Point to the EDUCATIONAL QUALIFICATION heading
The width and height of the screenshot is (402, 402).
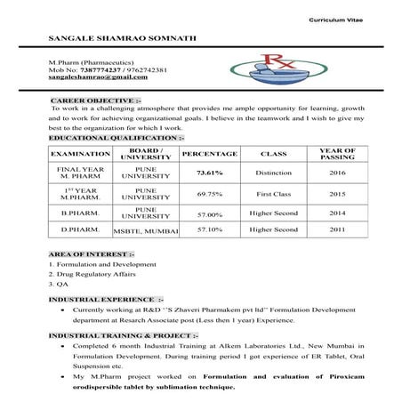pyautogui.click(x=117, y=138)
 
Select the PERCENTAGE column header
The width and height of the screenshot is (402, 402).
pyautogui.click(x=209, y=154)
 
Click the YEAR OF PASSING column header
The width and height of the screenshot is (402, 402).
pyautogui.click(x=337, y=154)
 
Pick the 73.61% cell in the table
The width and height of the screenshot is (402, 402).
pyautogui.click(x=209, y=172)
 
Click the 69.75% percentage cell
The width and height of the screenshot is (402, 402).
pyautogui.click(x=209, y=193)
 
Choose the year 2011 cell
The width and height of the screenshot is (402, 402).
pyautogui.click(x=337, y=229)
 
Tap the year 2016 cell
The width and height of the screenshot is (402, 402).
pyautogui.click(x=337, y=172)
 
